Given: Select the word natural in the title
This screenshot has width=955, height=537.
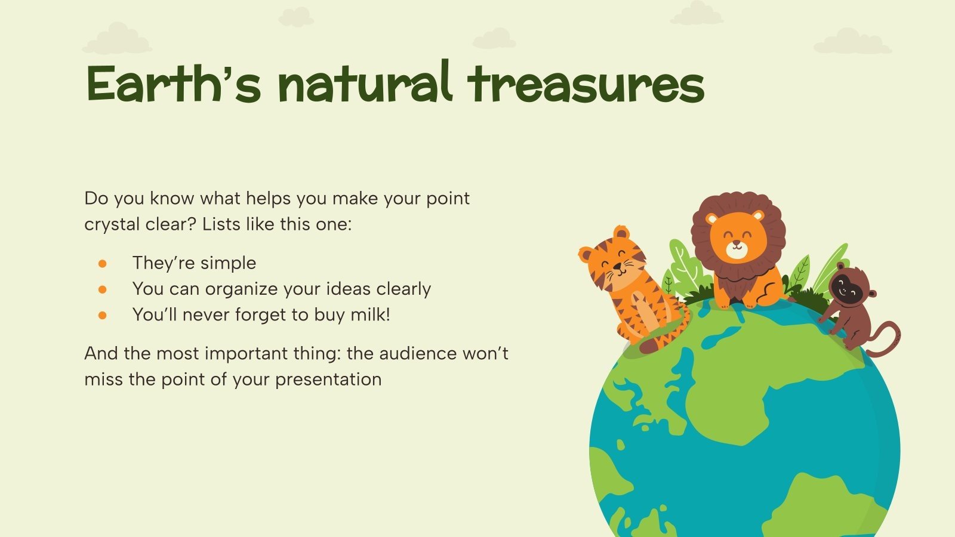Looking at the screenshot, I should tap(364, 84).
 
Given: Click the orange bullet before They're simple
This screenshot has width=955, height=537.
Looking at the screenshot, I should tap(103, 263).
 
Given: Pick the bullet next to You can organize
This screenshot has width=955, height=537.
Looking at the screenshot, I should tap(103, 289).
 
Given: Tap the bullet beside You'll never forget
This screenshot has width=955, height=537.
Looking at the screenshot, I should tap(103, 315).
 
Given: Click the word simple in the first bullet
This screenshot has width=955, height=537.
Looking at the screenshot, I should tap(230, 263).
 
